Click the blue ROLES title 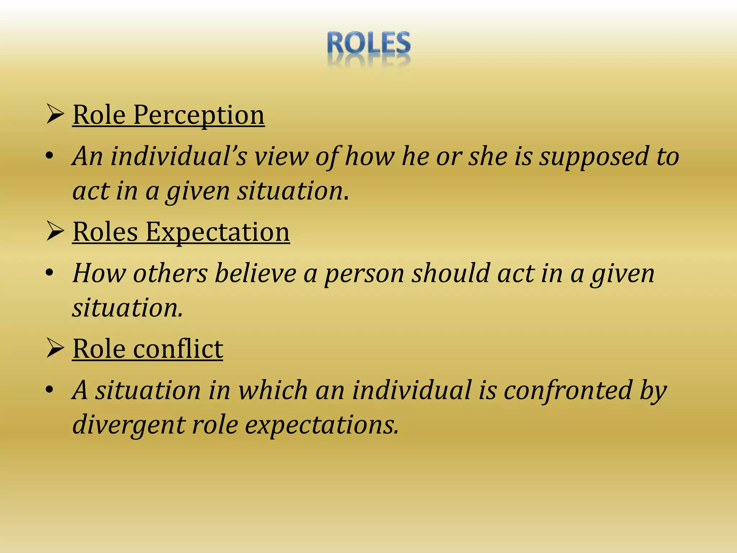coord(368,43)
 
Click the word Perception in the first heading coord(199,115)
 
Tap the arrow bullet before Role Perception coord(55,115)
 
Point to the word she coord(488,157)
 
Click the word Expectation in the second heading coord(217,232)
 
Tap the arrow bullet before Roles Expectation coord(55,232)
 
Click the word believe coord(255,274)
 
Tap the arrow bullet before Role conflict coord(55,349)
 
